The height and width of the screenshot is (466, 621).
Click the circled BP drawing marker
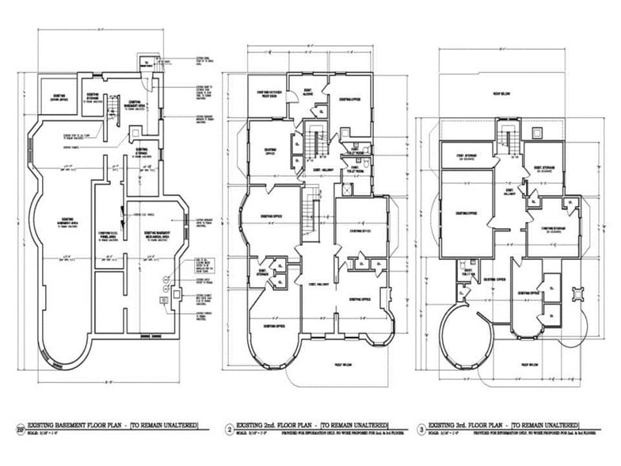(x=20, y=430)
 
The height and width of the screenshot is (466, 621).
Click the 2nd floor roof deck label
(x=265, y=94)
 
